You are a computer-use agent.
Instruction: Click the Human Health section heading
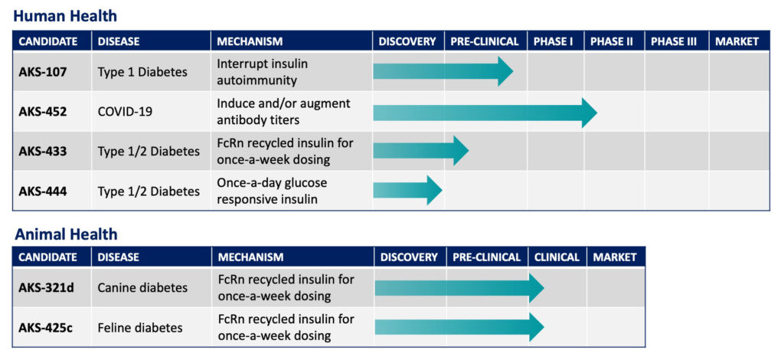click(x=65, y=16)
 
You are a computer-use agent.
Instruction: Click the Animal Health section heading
click(x=66, y=234)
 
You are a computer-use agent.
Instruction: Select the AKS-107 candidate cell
click(x=43, y=71)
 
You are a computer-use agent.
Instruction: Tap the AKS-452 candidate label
click(x=43, y=111)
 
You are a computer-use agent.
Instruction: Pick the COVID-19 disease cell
click(x=125, y=111)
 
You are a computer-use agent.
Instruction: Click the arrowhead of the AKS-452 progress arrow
click(x=590, y=113)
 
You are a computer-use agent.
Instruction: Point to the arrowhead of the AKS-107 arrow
click(x=505, y=71)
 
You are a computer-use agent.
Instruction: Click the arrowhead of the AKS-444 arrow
click(x=435, y=190)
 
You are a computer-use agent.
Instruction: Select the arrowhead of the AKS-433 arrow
click(x=461, y=150)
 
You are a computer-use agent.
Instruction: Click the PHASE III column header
click(x=674, y=41)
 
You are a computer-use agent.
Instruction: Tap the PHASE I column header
click(x=553, y=41)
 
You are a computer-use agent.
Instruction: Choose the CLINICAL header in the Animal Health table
click(x=557, y=257)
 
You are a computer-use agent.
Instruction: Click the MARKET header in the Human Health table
click(x=737, y=41)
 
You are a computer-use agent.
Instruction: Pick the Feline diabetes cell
click(x=141, y=328)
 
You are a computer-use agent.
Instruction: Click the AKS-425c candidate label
click(x=45, y=328)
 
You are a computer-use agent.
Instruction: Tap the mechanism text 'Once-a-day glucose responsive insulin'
click(x=272, y=191)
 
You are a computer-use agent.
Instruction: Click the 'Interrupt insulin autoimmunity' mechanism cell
click(x=263, y=71)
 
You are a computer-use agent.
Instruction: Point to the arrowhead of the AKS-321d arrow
click(x=537, y=288)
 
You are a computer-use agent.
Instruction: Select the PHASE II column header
click(x=612, y=41)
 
